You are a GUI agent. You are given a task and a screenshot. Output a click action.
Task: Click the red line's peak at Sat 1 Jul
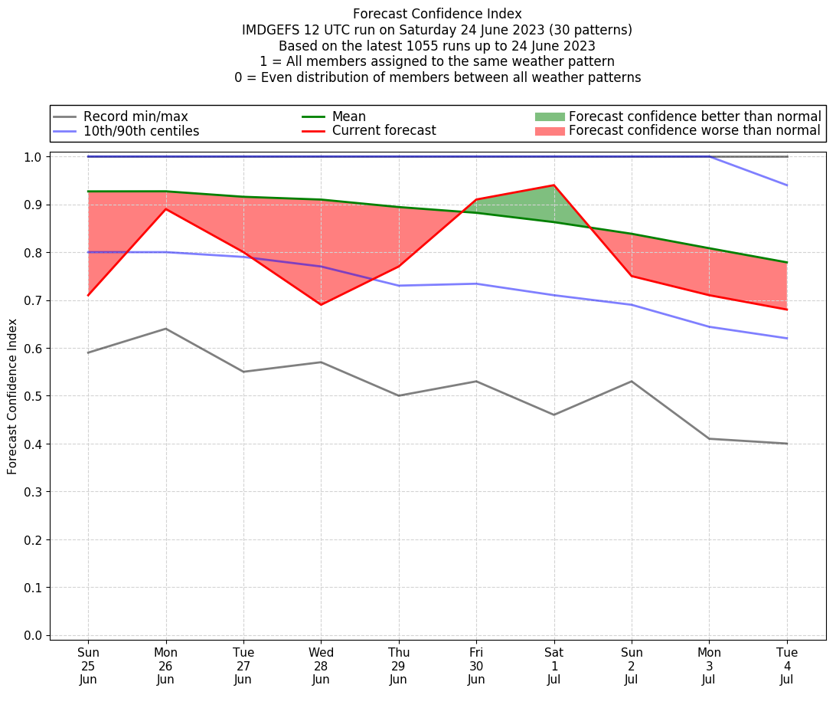(554, 185)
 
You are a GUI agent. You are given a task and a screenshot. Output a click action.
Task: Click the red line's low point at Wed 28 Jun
(321, 304)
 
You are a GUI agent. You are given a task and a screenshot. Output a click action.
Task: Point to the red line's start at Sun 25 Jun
(88, 295)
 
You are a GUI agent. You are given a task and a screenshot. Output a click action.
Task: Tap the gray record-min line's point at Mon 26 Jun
(166, 329)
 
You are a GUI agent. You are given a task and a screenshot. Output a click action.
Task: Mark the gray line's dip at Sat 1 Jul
(554, 415)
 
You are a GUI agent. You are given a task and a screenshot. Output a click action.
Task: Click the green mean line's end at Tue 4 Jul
(787, 262)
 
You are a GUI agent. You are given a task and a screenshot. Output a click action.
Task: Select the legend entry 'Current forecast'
(384, 131)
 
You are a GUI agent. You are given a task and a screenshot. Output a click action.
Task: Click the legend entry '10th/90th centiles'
(141, 131)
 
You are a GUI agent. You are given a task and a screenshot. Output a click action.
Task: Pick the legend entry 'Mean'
(348, 116)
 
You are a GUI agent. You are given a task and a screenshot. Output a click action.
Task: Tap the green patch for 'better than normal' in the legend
(549, 116)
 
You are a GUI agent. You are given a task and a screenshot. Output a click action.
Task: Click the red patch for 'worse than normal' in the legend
(549, 131)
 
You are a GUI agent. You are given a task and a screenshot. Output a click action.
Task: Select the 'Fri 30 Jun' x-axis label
(476, 665)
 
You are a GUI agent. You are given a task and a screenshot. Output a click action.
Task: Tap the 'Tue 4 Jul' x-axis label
(787, 665)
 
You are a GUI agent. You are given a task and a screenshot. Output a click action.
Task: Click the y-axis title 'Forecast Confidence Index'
(13, 397)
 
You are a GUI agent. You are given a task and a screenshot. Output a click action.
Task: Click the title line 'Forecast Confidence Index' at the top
(437, 14)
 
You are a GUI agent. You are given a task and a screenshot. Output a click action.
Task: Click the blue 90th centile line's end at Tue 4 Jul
(787, 185)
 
